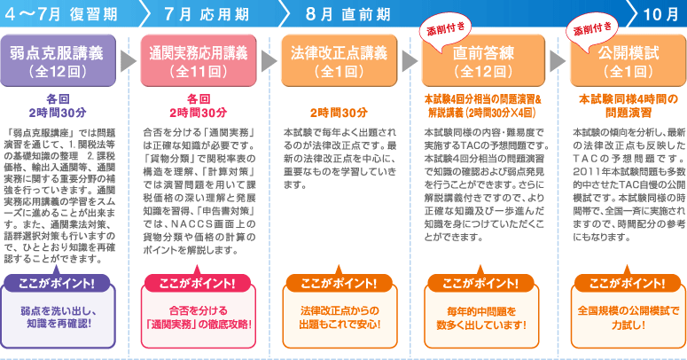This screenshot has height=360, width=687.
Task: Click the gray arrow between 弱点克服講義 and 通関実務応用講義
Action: click(126, 59)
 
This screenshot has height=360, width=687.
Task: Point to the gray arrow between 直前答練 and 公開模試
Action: click(555, 59)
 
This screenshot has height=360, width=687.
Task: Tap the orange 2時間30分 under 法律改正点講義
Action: click(339, 112)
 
